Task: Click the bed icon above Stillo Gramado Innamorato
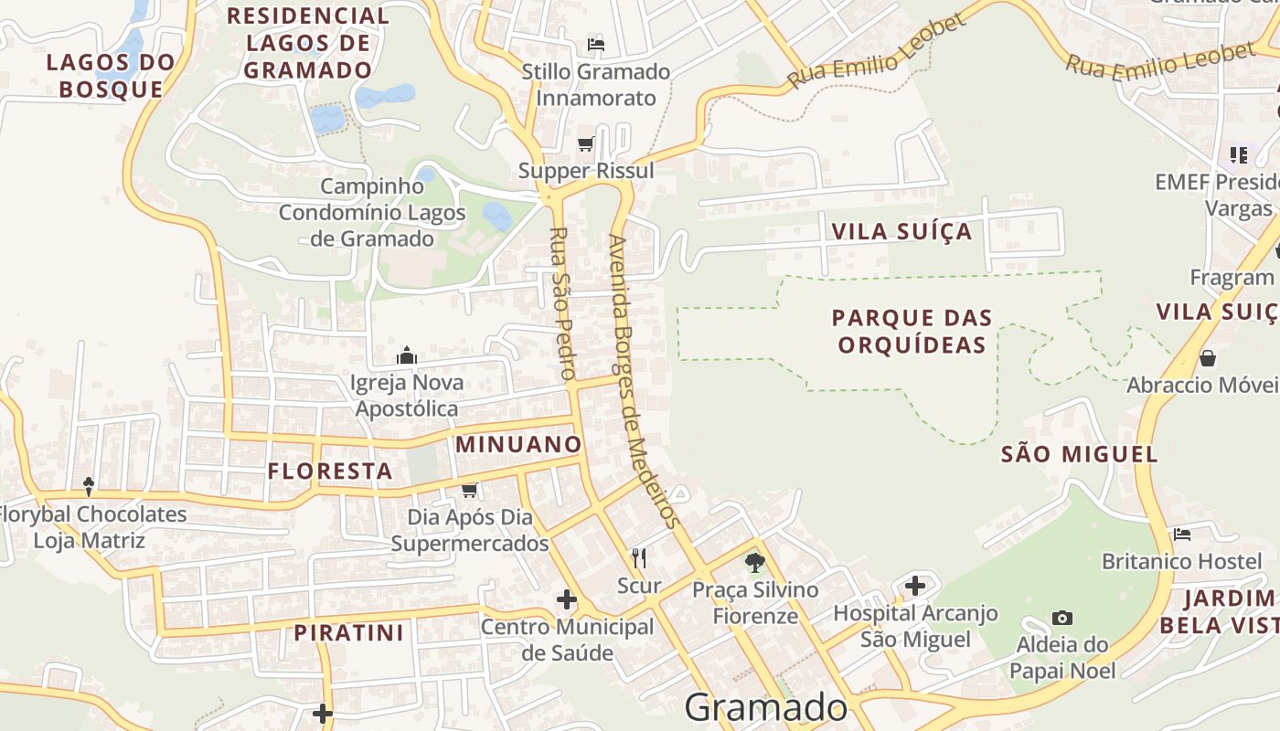596,44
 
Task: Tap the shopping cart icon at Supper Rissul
586,143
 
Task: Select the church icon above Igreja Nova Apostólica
407,355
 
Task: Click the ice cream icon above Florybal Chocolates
89,486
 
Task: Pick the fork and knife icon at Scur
639,557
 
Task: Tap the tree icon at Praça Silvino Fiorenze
754,562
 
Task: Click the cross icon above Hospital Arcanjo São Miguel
915,585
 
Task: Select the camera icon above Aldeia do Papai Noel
1061,618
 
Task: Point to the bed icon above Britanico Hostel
1182,534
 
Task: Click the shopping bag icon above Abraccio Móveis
1208,357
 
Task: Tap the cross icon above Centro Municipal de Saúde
567,599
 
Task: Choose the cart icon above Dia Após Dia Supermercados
469,490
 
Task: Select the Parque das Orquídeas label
912,331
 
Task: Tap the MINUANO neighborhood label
518,445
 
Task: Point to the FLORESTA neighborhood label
330,471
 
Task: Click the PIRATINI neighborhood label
348,632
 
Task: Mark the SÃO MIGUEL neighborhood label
1079,454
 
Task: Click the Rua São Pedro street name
561,303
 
